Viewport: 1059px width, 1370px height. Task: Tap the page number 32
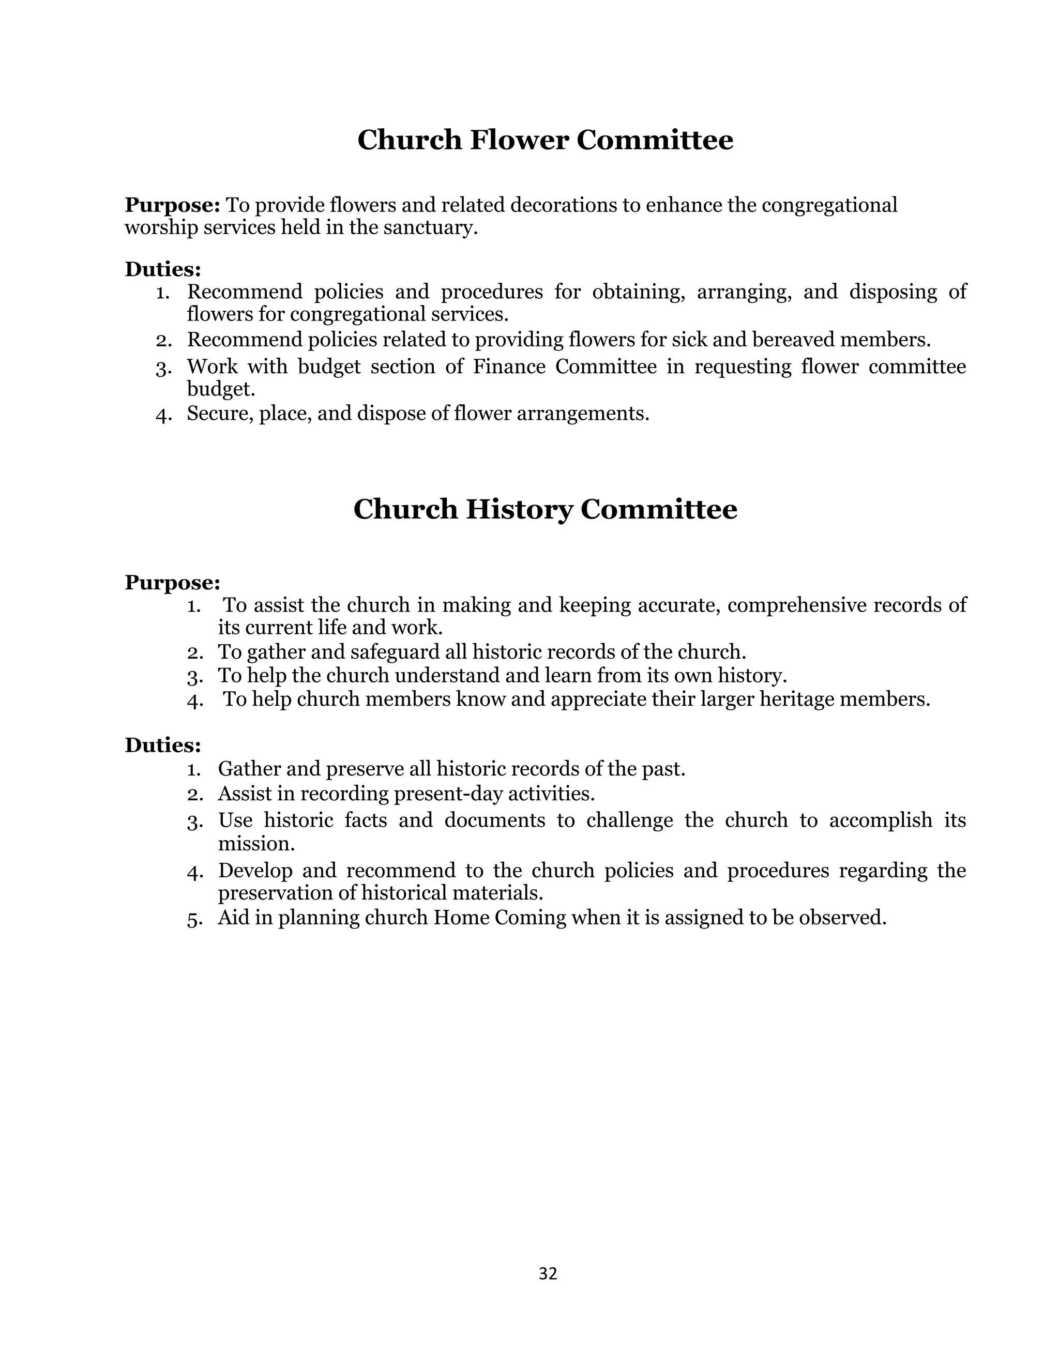[548, 1273]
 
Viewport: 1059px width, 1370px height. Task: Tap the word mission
[255, 844]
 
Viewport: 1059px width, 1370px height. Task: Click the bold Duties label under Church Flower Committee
[162, 269]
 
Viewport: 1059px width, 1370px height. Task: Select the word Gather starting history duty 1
[248, 769]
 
